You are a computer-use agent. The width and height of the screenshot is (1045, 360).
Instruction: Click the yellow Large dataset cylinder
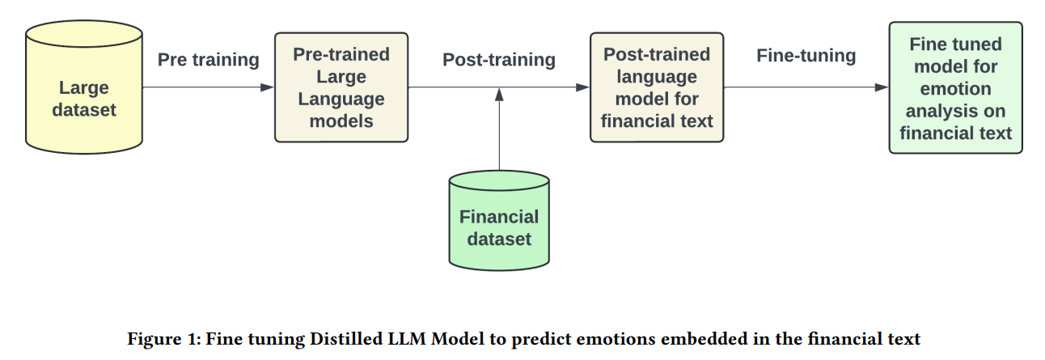[x=84, y=87]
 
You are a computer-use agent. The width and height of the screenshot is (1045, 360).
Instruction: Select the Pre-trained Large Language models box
[x=341, y=87]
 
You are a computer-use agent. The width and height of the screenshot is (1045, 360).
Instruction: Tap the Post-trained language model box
[x=657, y=87]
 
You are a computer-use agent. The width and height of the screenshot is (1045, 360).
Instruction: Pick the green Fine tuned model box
[x=955, y=87]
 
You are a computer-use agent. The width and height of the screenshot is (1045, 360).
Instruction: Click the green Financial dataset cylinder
[x=499, y=221]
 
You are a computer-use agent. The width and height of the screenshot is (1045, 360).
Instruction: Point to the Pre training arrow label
[x=208, y=60]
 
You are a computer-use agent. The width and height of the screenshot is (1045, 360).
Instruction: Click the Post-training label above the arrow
[x=499, y=60]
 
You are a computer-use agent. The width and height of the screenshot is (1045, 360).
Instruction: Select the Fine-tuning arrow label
[x=806, y=56]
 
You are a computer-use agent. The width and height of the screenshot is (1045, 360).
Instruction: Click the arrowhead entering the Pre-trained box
[x=267, y=87]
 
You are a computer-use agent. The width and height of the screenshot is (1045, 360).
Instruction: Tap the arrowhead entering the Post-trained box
[x=582, y=87]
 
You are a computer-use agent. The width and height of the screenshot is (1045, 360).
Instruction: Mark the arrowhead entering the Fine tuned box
[x=882, y=87]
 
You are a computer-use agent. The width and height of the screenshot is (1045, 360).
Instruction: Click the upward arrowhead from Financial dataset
[x=499, y=95]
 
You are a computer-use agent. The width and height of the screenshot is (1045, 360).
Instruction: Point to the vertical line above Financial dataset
[x=499, y=136]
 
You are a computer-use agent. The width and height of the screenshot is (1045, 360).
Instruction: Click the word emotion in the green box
[x=955, y=89]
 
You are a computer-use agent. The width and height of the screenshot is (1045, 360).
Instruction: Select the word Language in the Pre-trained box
[x=341, y=100]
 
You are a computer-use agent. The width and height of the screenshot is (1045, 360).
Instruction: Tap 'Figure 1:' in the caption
[x=163, y=338]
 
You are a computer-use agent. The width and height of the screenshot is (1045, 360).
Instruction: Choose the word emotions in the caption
[x=616, y=338]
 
